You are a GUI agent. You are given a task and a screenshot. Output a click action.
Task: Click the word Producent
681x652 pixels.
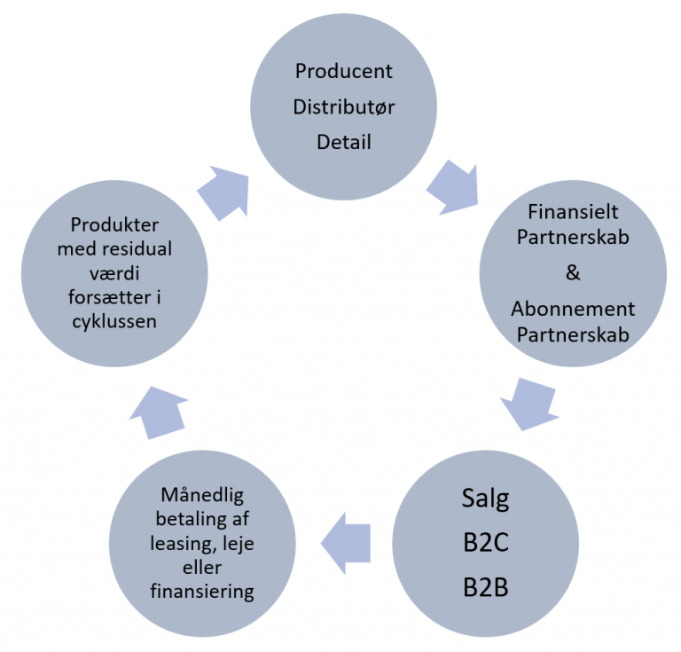pyautogui.click(x=343, y=71)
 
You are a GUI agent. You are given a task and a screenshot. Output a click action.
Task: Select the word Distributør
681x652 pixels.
pyautogui.click(x=343, y=106)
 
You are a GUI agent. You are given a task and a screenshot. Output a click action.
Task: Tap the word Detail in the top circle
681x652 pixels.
pyautogui.click(x=343, y=143)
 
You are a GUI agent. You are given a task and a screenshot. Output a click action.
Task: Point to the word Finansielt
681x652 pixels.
pyautogui.click(x=573, y=211)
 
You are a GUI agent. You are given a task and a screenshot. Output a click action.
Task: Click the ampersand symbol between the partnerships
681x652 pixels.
pyautogui.click(x=573, y=273)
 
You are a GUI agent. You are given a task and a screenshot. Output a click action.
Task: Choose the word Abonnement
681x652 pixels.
pyautogui.click(x=573, y=309)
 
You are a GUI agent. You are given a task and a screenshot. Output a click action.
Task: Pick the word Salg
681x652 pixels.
pyautogui.click(x=485, y=499)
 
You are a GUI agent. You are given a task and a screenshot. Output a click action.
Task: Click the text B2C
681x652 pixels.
pyautogui.click(x=485, y=543)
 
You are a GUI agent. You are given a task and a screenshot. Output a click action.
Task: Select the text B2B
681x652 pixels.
pyautogui.click(x=485, y=587)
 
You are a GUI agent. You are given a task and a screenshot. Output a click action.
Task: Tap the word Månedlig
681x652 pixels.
pyautogui.click(x=202, y=495)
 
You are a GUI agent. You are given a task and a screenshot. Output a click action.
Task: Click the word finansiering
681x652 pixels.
pyautogui.click(x=202, y=592)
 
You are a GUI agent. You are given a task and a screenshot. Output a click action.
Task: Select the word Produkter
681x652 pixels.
pyautogui.click(x=114, y=225)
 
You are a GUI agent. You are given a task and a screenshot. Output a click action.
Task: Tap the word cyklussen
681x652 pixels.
pyautogui.click(x=114, y=322)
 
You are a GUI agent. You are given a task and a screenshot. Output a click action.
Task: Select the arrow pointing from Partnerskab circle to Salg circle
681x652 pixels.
pyautogui.click(x=530, y=404)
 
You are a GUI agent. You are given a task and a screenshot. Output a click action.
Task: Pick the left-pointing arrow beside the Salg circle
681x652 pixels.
pyautogui.click(x=346, y=543)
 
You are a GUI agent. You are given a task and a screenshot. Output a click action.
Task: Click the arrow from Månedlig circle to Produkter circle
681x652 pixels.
pyautogui.click(x=159, y=412)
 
